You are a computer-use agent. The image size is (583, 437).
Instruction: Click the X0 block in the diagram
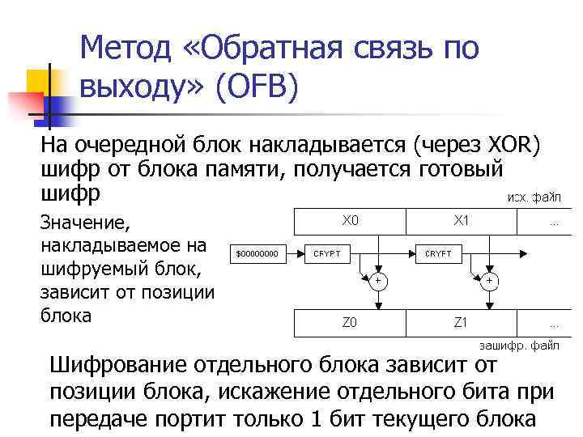point(351,220)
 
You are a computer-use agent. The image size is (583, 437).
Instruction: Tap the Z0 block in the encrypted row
point(351,322)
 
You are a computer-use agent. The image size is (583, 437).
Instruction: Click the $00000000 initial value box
point(257,254)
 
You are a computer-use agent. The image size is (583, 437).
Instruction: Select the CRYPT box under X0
point(326,254)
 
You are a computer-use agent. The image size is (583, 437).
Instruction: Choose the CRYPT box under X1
point(438,254)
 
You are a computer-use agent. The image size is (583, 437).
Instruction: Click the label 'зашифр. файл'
point(521,345)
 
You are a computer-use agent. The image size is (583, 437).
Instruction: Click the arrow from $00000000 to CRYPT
point(294,254)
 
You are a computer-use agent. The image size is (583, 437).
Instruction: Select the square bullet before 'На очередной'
point(33,146)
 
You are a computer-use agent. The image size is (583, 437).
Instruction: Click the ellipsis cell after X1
point(554,220)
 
